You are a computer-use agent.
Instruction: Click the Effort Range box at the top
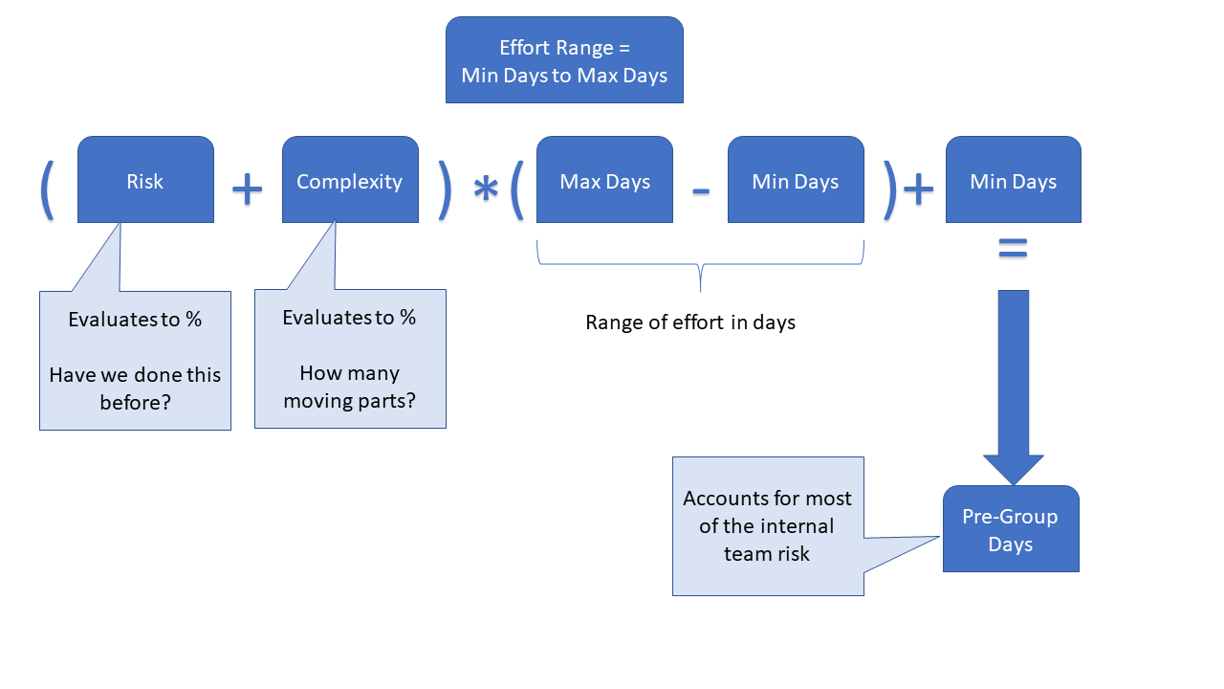(x=564, y=60)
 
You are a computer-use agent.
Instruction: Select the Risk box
(x=145, y=180)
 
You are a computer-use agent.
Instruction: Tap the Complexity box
(x=350, y=180)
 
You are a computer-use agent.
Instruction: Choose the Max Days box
(x=604, y=180)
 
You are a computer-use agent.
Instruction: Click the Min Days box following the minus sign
(x=796, y=180)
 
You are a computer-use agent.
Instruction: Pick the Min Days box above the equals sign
(x=1013, y=180)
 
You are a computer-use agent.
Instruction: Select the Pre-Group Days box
(x=1011, y=529)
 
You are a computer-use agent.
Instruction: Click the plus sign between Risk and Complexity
(x=247, y=189)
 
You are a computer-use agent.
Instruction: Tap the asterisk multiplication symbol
(x=486, y=190)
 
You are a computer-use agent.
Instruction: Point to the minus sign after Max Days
(x=701, y=190)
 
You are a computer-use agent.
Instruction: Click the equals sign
(x=1013, y=250)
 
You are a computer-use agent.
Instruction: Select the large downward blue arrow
(x=1013, y=383)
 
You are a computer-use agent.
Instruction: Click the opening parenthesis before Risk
(x=46, y=189)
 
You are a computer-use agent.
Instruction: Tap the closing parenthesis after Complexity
(x=445, y=189)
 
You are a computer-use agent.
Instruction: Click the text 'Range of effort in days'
(x=690, y=322)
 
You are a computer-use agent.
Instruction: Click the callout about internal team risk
(x=768, y=525)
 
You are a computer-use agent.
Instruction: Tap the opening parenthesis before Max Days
(x=516, y=189)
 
